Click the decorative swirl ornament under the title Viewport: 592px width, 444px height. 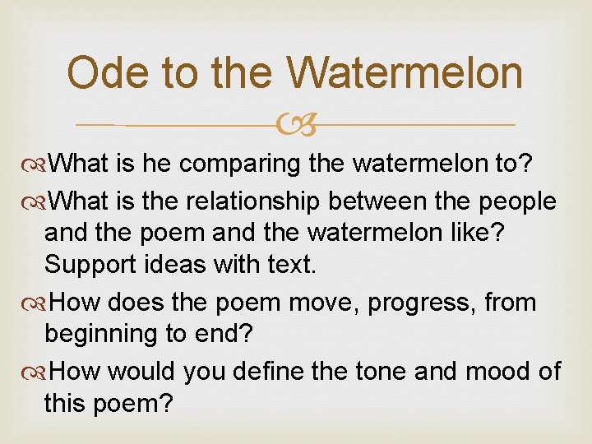click(x=296, y=126)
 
